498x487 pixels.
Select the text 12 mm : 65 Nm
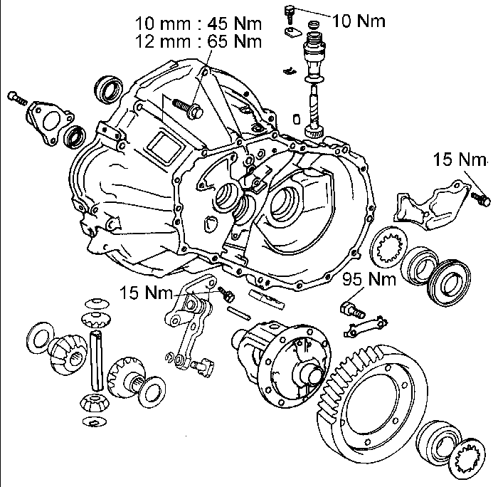(198, 41)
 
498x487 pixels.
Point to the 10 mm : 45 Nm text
(198, 26)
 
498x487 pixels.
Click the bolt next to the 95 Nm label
(351, 308)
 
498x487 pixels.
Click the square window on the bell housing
(162, 147)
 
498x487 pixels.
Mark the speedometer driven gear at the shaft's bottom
(313, 130)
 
